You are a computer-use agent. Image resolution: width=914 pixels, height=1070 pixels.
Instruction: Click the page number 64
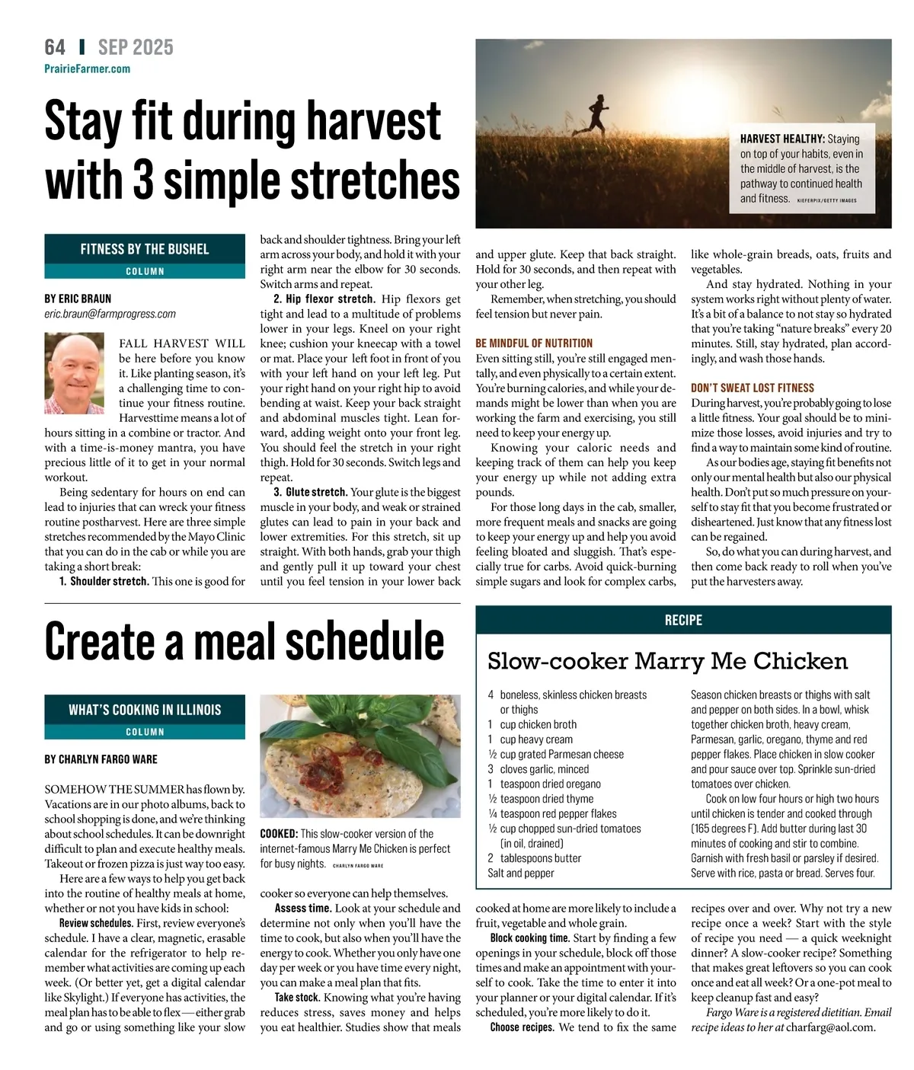55,47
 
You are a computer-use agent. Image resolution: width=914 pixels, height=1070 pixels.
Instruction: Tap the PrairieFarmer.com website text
87,69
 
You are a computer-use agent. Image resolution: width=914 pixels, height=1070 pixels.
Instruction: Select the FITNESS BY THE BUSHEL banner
145,249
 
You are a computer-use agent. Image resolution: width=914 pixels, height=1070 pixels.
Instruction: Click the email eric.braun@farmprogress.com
110,314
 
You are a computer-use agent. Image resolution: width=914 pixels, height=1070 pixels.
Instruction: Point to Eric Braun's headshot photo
75,373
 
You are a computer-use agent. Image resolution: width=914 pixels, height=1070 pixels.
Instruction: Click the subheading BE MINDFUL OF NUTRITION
533,343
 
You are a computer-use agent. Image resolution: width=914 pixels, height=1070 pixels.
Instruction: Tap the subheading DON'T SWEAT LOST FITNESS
752,388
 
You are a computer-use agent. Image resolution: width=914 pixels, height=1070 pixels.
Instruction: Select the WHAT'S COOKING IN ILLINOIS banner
145,710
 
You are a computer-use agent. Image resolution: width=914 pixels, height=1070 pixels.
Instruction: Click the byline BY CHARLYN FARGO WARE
101,759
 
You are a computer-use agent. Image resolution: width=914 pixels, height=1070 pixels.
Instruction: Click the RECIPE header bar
683,620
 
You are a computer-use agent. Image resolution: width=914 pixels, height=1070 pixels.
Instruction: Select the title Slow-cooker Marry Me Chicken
667,661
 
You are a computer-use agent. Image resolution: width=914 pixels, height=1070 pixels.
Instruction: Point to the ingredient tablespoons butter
540,858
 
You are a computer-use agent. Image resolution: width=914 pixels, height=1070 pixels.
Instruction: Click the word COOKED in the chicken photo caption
278,834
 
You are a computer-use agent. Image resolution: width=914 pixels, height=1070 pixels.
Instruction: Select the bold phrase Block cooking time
529,938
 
